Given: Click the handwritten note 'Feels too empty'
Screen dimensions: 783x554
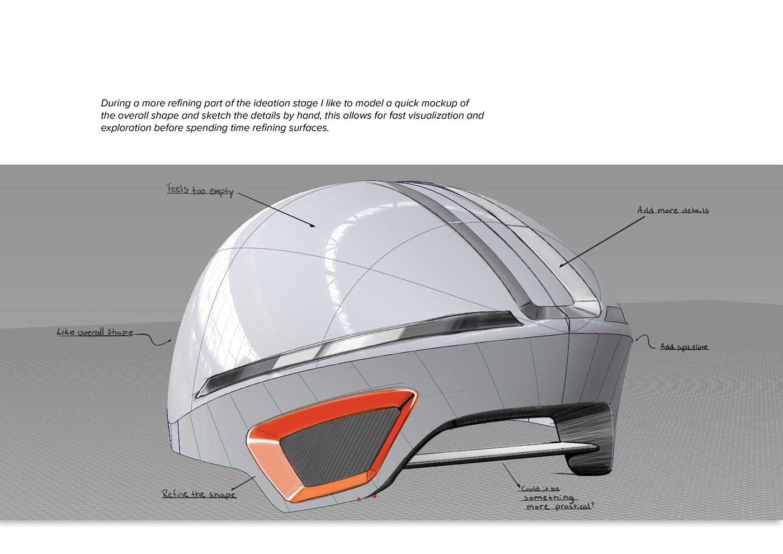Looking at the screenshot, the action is coord(200,190).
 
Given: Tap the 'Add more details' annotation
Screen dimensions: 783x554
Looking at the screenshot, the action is coord(672,210).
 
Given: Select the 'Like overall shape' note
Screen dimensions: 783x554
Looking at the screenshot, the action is coord(95,332).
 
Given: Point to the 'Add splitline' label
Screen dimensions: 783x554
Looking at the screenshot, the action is coord(683,347).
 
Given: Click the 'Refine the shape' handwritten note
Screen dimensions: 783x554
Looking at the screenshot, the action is coord(199,494).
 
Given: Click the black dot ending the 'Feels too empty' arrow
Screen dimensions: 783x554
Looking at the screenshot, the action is coord(313,226).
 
